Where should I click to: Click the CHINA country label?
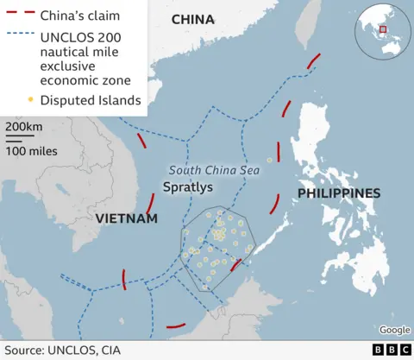pyautogui.click(x=193, y=20)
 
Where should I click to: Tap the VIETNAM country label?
pyautogui.click(x=126, y=218)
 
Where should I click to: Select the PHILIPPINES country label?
pyautogui.click(x=338, y=193)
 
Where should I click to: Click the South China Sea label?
pyautogui.click(x=214, y=170)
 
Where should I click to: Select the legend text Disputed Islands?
pyautogui.click(x=90, y=101)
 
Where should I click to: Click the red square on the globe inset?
pyautogui.click(x=384, y=30)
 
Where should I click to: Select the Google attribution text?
pyautogui.click(x=394, y=330)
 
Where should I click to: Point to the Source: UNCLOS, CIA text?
pyautogui.click(x=63, y=350)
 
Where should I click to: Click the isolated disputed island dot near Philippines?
pyautogui.click(x=269, y=160)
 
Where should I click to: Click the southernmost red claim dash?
pyautogui.click(x=175, y=326)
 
